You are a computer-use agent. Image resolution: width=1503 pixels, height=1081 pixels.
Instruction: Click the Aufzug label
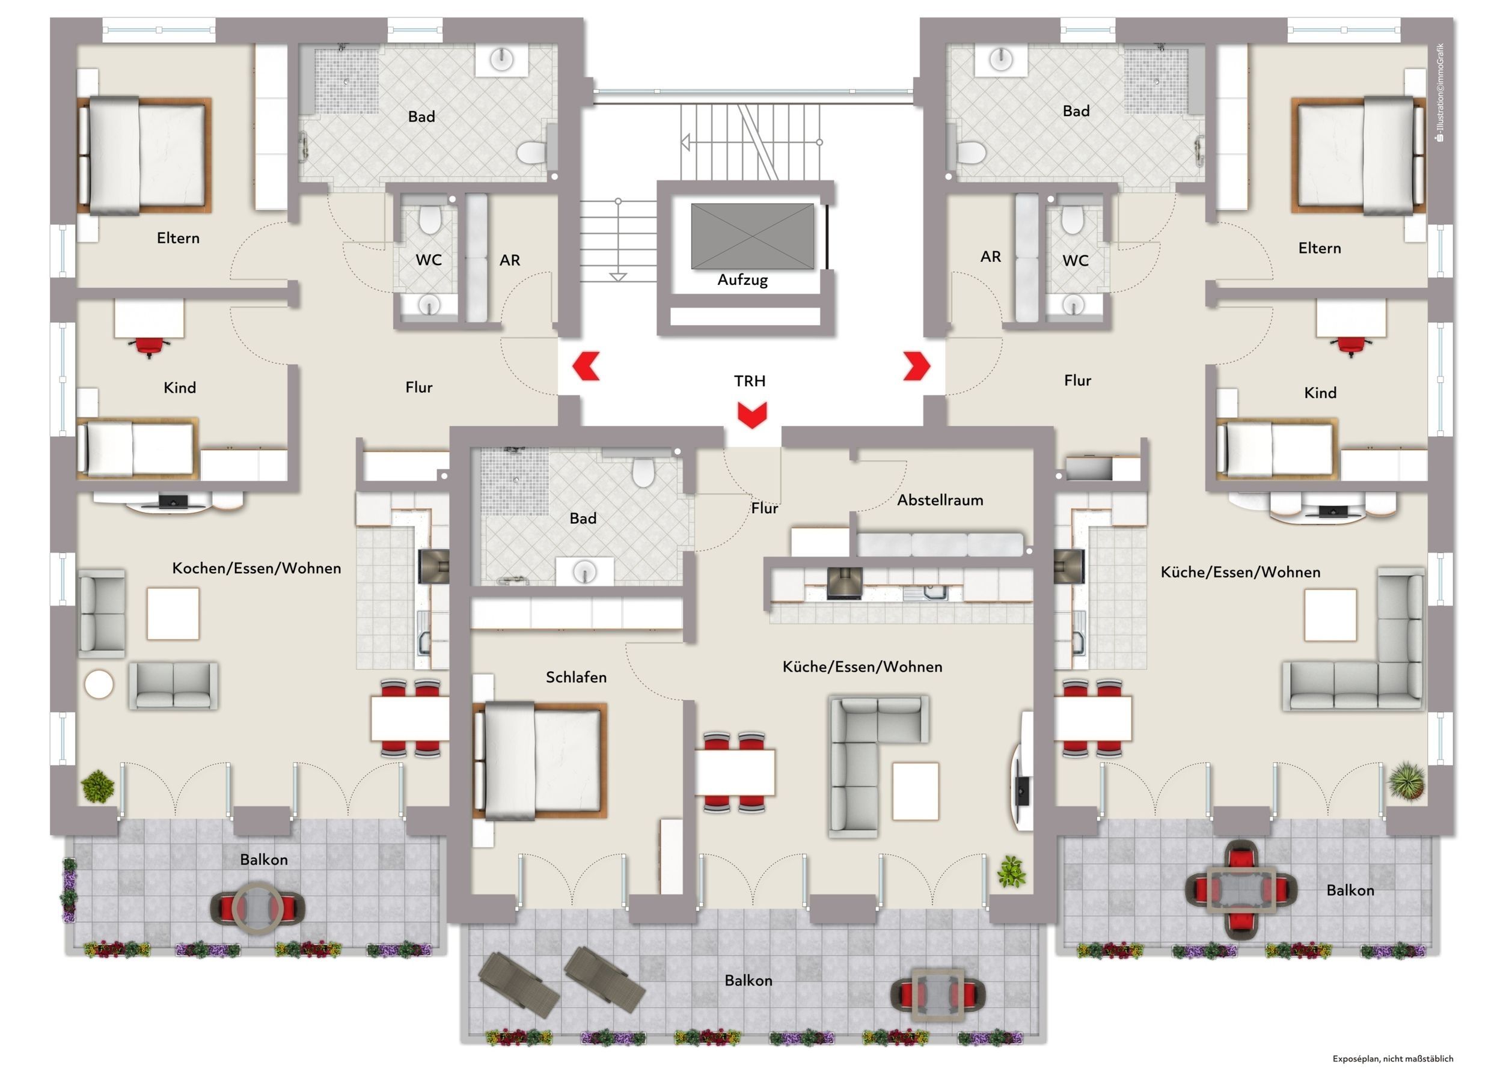pos(742,280)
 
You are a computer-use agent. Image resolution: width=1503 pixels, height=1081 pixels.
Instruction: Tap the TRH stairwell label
pos(750,381)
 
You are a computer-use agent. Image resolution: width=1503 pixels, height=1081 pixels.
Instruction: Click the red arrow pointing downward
pos(751,415)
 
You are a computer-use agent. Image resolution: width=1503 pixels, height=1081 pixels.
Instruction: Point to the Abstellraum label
pos(940,500)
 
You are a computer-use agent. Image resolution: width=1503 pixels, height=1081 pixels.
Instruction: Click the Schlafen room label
pos(576,677)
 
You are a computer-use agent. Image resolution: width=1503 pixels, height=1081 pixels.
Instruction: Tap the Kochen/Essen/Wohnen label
pos(257,568)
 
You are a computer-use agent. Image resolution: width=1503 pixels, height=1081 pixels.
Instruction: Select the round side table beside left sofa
pos(99,684)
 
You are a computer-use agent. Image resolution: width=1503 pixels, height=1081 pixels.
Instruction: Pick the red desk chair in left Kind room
pos(149,346)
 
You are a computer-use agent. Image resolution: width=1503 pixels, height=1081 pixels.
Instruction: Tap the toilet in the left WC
pos(430,219)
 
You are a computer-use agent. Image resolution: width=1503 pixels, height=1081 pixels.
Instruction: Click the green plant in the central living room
pos(1011,871)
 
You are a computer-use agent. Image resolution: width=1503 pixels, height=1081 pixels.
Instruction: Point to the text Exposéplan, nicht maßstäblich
pos(1393,1059)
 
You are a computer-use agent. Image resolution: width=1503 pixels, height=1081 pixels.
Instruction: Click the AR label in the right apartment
pos(990,257)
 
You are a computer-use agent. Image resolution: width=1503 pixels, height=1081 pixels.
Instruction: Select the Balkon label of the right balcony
pos(1350,891)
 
